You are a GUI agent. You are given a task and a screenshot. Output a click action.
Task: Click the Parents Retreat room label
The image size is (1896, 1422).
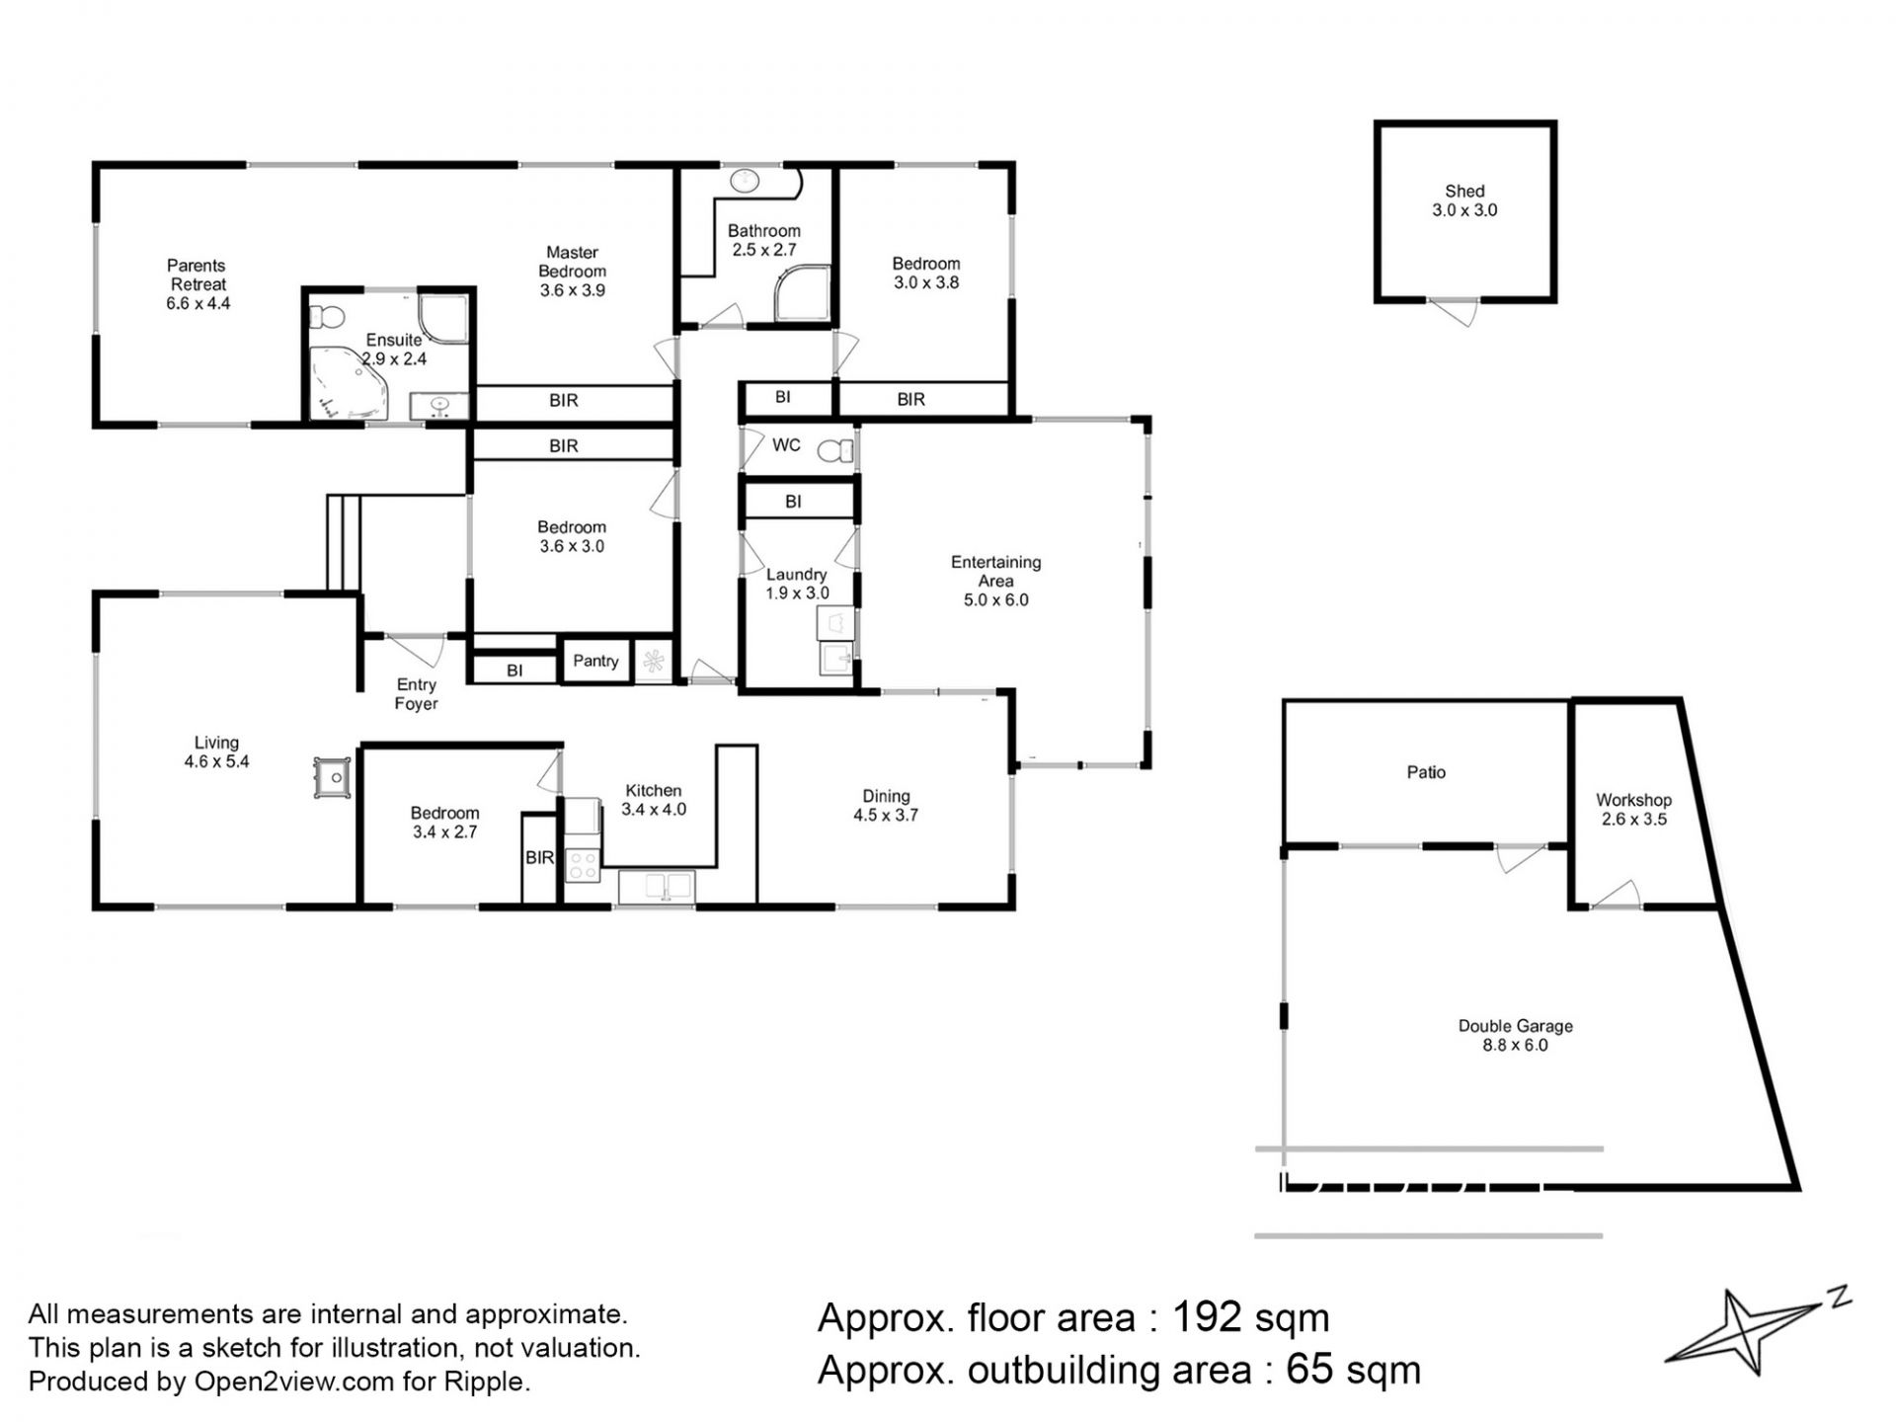point(197,275)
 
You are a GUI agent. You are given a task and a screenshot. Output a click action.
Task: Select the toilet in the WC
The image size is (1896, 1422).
point(835,451)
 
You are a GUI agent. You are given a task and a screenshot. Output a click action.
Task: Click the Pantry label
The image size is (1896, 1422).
point(595,661)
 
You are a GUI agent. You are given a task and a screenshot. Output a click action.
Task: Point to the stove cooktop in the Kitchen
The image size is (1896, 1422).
point(582,866)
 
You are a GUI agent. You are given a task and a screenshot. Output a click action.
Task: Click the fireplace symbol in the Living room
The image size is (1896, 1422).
point(333,778)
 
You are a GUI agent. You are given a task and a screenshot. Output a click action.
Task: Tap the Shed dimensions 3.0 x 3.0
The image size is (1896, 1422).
point(1464,210)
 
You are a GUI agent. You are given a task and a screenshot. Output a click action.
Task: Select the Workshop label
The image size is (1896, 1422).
point(1633,800)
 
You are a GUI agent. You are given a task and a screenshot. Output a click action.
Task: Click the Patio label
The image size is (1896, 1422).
point(1426,772)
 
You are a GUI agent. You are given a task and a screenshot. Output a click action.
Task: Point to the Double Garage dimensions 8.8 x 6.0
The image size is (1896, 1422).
point(1515,1045)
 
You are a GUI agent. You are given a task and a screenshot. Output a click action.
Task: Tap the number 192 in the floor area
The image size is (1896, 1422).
point(1206,1317)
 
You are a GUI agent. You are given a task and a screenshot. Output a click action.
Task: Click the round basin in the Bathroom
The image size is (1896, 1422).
point(745,181)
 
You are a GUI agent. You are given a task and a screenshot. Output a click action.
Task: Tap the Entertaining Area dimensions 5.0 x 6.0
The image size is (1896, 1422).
point(995,600)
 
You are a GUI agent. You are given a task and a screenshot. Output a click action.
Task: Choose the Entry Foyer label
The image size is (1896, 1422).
point(416,694)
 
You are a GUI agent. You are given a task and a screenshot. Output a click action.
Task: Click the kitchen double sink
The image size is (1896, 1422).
point(657,885)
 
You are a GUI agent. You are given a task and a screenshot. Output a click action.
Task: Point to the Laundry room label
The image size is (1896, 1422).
point(796,575)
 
